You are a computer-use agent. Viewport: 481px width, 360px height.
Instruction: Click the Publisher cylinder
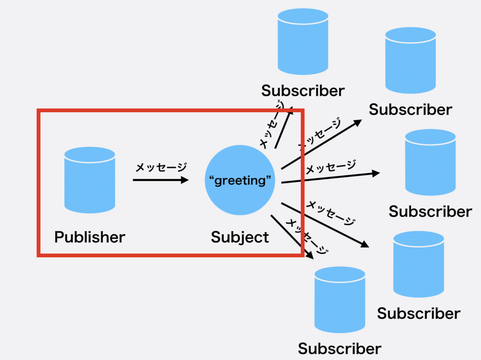(x=90, y=180)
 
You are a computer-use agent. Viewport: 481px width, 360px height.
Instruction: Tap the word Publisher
(x=90, y=237)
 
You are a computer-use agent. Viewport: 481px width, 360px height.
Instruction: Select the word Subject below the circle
(x=240, y=237)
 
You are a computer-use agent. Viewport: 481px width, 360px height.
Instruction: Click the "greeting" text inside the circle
(x=240, y=180)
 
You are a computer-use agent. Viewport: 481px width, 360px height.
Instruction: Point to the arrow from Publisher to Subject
(x=161, y=180)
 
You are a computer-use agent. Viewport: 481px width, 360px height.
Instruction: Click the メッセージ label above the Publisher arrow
(x=161, y=168)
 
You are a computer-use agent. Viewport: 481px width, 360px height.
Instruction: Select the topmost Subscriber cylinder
(x=303, y=42)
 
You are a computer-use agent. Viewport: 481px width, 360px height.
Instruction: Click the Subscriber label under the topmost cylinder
(x=303, y=91)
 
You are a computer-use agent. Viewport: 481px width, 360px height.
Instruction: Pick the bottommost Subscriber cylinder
(x=340, y=299)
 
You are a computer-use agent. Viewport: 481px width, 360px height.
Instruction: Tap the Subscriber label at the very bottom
(x=340, y=349)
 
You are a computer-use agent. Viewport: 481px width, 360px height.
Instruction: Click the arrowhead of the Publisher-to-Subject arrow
(x=185, y=180)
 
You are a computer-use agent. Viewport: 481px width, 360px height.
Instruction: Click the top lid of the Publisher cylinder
(x=90, y=155)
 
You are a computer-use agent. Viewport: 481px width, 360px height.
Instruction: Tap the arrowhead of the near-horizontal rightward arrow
(x=376, y=174)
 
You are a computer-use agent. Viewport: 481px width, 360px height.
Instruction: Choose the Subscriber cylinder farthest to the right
(x=430, y=162)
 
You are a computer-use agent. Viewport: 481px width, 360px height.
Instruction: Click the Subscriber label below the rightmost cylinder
(x=430, y=212)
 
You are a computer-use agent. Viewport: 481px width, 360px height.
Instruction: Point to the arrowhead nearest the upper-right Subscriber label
(x=357, y=123)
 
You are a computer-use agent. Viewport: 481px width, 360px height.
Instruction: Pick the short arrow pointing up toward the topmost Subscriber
(x=283, y=128)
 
